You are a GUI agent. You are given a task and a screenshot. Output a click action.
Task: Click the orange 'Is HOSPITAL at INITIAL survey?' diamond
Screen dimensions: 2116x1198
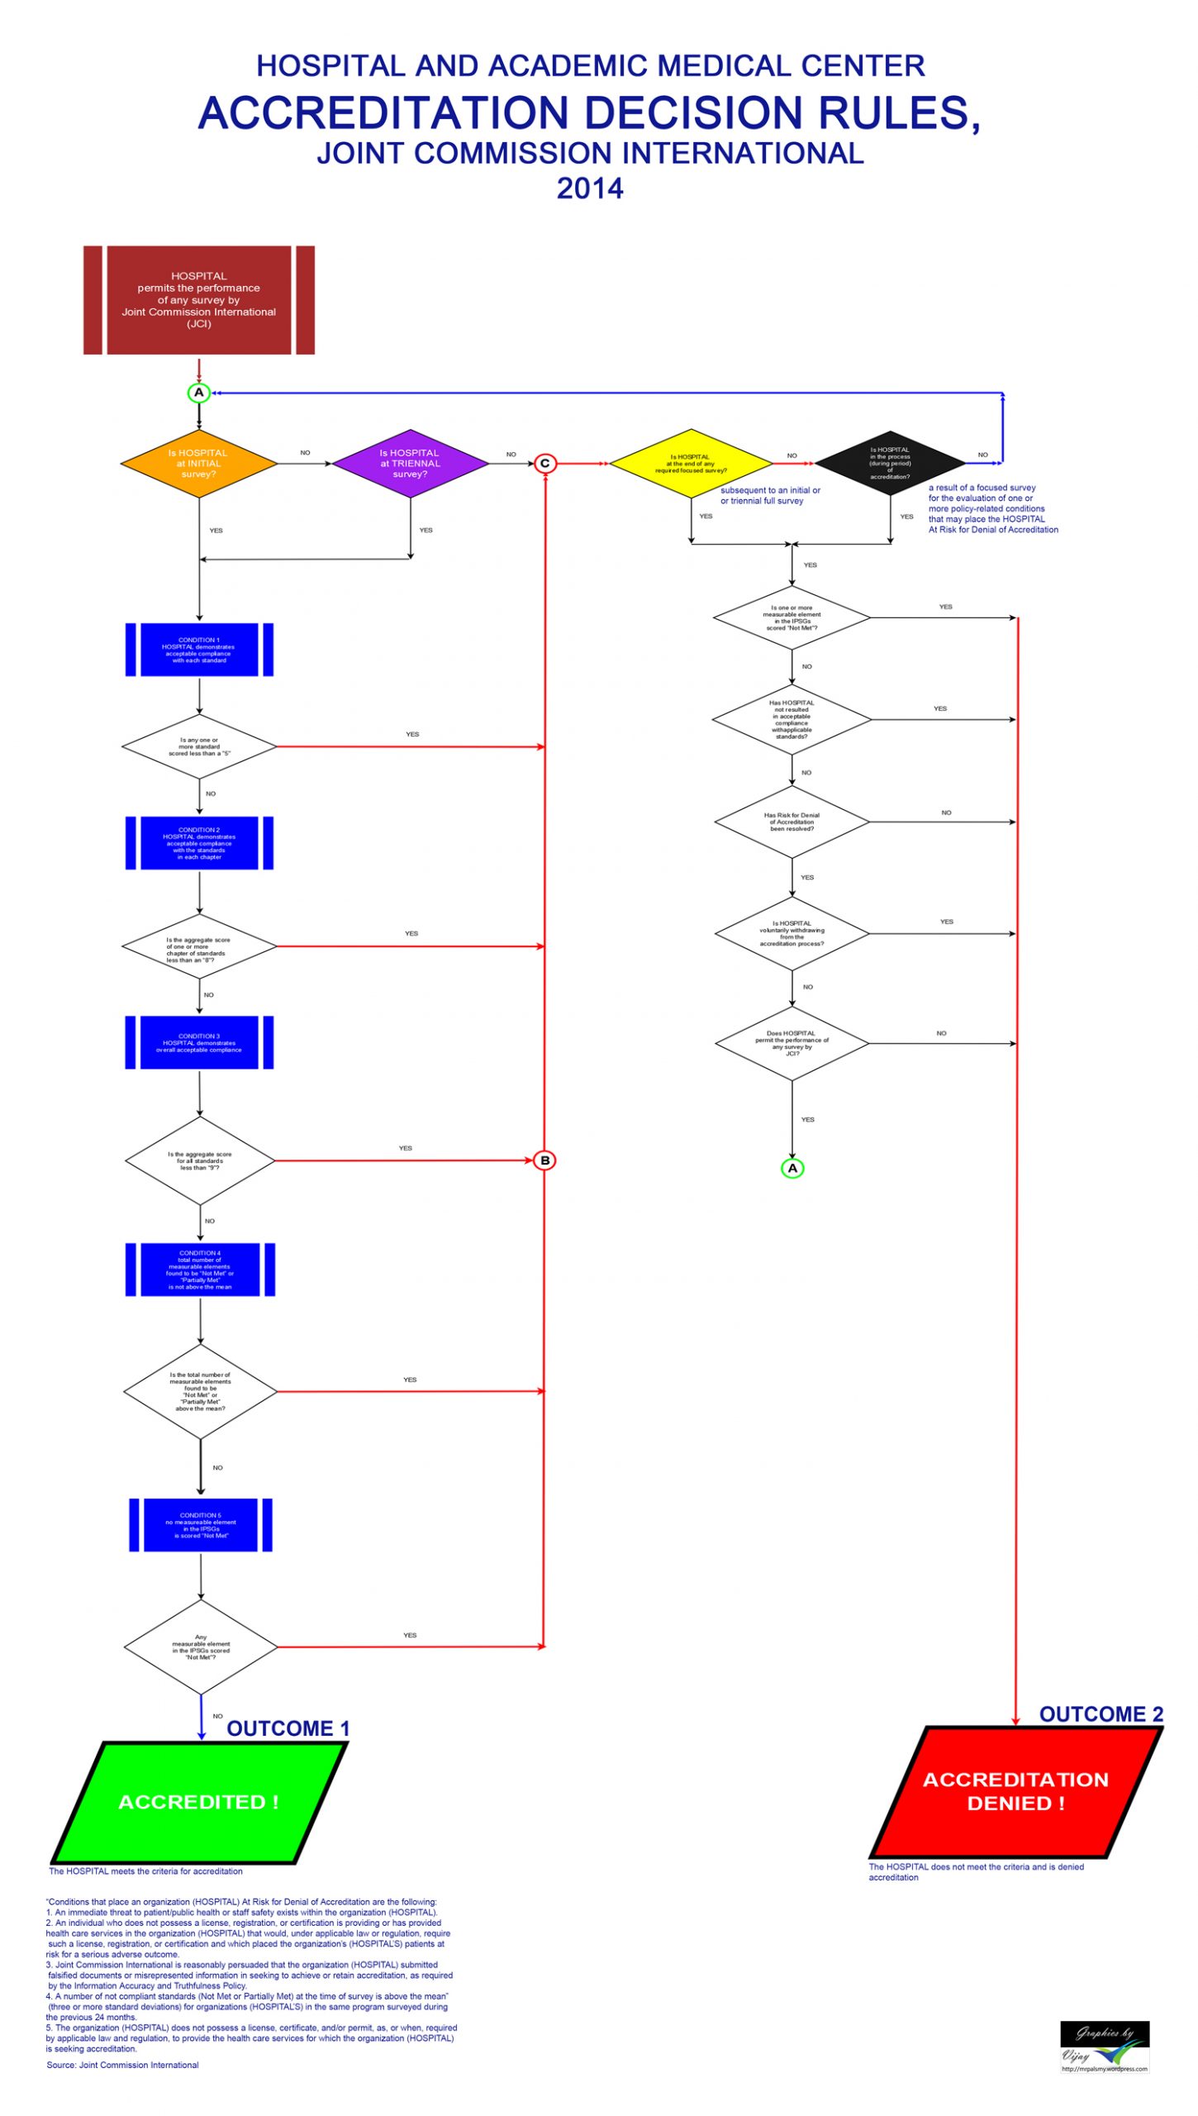[x=198, y=463]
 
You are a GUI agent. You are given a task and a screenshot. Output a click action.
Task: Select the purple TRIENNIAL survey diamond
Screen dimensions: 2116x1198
[x=410, y=463]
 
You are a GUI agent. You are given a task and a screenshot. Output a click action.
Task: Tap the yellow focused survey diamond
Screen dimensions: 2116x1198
[x=691, y=463]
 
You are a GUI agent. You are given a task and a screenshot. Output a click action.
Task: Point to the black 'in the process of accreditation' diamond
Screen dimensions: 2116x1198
[x=890, y=463]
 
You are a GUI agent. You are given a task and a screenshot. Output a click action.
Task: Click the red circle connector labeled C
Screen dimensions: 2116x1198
[x=544, y=463]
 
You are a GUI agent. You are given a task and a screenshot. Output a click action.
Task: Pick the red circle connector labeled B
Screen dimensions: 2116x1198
[x=544, y=1160]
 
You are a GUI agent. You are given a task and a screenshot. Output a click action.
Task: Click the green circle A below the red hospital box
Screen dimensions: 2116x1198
[x=198, y=393]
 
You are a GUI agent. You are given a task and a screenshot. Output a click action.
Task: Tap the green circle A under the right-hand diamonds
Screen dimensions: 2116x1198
[x=792, y=1167]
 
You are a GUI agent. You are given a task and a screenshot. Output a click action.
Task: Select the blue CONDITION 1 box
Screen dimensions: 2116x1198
[x=199, y=650]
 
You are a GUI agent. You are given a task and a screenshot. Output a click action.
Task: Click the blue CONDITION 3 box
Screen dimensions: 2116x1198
[x=199, y=1042]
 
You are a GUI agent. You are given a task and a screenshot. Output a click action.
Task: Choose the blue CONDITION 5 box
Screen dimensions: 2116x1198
[x=201, y=1524]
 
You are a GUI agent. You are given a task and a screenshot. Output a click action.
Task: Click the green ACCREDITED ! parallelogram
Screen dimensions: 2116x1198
[x=199, y=1802]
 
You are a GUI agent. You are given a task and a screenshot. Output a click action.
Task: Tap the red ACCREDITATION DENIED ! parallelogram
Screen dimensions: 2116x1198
[x=1015, y=1791]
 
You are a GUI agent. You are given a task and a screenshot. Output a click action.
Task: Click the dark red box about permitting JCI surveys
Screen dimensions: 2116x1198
[x=198, y=299]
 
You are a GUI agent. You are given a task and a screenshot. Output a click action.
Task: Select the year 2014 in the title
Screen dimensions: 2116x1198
[x=590, y=188]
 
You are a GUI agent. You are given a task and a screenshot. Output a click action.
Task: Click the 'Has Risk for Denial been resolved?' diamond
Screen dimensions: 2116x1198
[x=792, y=822]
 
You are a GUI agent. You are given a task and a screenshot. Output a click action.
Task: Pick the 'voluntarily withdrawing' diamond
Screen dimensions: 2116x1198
[x=792, y=933]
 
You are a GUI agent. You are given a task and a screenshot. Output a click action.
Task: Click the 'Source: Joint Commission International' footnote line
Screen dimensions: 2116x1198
[x=122, y=2065]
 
